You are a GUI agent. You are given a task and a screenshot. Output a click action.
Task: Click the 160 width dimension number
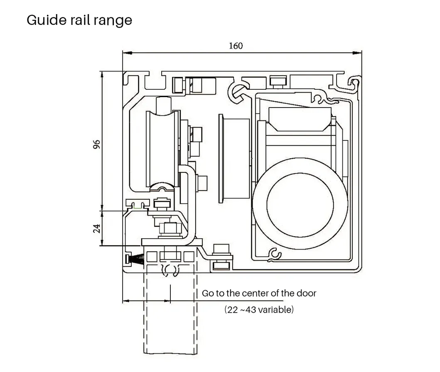point(236,46)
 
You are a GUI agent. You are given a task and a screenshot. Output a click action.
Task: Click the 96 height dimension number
point(96,144)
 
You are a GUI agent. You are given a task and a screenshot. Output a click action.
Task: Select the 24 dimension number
point(96,228)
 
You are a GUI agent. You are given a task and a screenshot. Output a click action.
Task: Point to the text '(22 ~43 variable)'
point(259,310)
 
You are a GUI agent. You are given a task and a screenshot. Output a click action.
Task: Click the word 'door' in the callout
point(306,293)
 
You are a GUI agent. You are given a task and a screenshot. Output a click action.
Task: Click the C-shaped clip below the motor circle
point(274,255)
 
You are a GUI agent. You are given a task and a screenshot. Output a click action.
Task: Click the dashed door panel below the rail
point(170,316)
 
